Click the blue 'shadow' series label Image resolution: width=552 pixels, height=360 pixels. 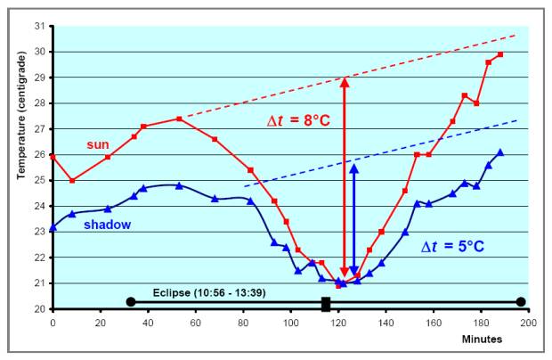click(x=108, y=225)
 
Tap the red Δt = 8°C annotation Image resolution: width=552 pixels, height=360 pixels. click(x=299, y=120)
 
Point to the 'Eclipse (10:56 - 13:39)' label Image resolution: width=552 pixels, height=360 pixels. click(x=209, y=291)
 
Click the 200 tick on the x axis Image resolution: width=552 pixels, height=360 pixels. click(x=529, y=321)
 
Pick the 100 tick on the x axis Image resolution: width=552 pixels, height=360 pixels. click(x=290, y=321)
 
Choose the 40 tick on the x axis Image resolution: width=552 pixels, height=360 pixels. click(x=148, y=321)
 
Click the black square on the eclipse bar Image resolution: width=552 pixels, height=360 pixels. click(x=326, y=303)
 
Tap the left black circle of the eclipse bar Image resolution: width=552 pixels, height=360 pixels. click(x=131, y=302)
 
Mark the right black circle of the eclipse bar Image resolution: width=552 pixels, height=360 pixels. click(x=521, y=302)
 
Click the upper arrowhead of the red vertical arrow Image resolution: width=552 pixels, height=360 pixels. click(x=344, y=82)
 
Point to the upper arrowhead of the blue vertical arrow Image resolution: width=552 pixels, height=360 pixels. click(x=353, y=168)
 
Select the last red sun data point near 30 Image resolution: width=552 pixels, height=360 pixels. click(x=500, y=54)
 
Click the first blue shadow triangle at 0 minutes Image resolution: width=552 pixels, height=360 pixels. click(x=53, y=227)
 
